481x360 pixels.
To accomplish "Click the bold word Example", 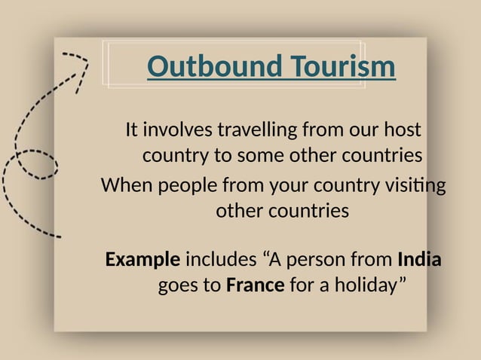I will coord(142,261).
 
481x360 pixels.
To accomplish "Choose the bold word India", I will coord(418,261).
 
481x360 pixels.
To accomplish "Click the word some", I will coord(260,157).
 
